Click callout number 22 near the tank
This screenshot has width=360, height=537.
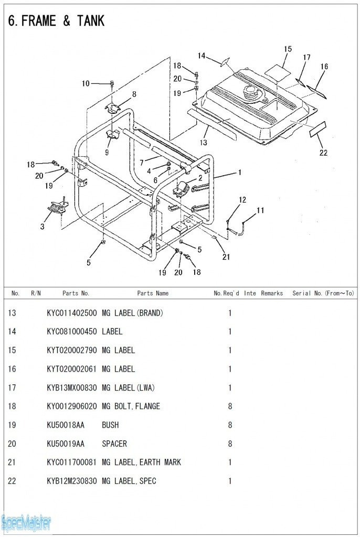[323, 153]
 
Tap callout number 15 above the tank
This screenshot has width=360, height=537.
[288, 49]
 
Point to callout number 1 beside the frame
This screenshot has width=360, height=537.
[240, 171]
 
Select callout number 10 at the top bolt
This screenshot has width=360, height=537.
[86, 83]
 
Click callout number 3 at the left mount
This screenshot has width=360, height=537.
[43, 227]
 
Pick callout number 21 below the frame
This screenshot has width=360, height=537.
[226, 257]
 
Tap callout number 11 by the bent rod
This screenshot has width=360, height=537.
[260, 211]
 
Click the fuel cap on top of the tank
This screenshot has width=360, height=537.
[251, 94]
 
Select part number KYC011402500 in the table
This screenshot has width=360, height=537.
[71, 313]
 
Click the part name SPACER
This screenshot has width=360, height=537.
[114, 444]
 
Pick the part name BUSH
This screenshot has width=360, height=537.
[110, 425]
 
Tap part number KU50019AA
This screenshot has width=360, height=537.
[65, 444]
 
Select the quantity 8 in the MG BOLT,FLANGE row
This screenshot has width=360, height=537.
[230, 406]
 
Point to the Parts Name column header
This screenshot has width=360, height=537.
[153, 293]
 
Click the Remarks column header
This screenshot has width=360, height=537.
[271, 293]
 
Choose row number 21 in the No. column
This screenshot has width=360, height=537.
[12, 463]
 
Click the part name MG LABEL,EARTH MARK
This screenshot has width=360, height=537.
[141, 463]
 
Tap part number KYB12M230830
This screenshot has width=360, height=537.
[71, 481]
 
